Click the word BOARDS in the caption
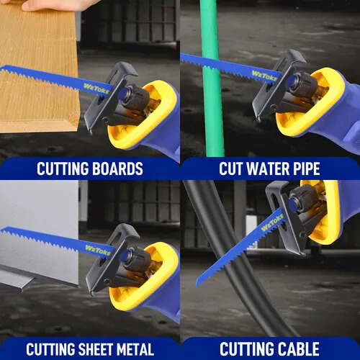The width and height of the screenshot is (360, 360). [x=117, y=168]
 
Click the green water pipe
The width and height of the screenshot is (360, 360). [x=212, y=79]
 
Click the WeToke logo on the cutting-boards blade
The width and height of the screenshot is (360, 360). [x=96, y=89]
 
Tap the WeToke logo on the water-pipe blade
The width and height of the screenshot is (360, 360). [x=264, y=76]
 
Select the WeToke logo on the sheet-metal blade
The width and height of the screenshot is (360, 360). [x=98, y=250]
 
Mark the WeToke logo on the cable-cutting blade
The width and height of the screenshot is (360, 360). [x=272, y=222]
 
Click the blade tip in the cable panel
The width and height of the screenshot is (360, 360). [x=198, y=283]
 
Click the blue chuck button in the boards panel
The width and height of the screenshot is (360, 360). [x=123, y=94]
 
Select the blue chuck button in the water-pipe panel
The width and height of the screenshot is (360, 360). [x=291, y=81]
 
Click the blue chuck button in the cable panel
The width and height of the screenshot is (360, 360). [x=293, y=204]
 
